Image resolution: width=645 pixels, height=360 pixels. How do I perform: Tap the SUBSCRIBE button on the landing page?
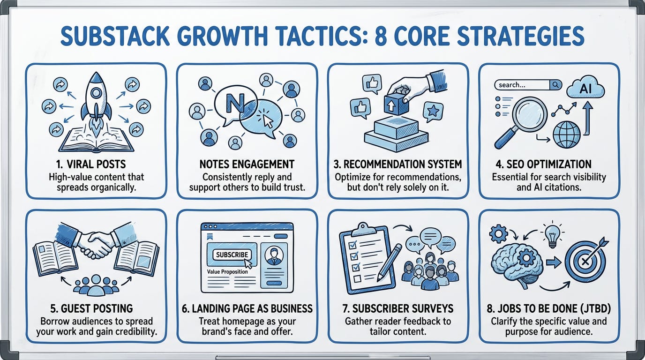tap(232, 255)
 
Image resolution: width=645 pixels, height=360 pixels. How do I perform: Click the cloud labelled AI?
tap(585, 88)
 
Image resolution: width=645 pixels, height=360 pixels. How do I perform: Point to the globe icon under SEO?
tap(566, 135)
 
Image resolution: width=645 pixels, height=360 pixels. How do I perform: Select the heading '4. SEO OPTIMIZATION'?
tap(548, 164)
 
